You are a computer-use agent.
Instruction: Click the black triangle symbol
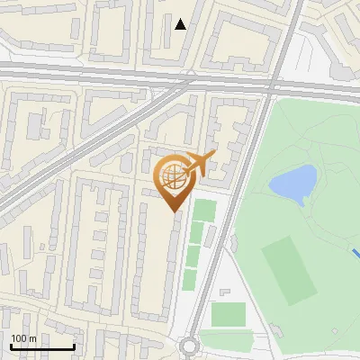(x=181, y=24)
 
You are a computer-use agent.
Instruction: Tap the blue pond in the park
(x=293, y=184)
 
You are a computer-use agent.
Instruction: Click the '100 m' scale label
(x=23, y=337)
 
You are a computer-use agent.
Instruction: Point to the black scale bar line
(x=42, y=346)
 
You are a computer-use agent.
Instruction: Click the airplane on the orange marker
(x=200, y=164)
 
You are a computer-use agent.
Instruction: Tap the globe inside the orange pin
(x=173, y=175)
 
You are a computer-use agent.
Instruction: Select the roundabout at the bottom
(x=189, y=346)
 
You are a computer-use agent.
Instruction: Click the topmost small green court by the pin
(x=205, y=210)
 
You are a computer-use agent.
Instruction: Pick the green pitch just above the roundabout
(x=228, y=315)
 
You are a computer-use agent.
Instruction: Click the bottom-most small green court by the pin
(x=190, y=279)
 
